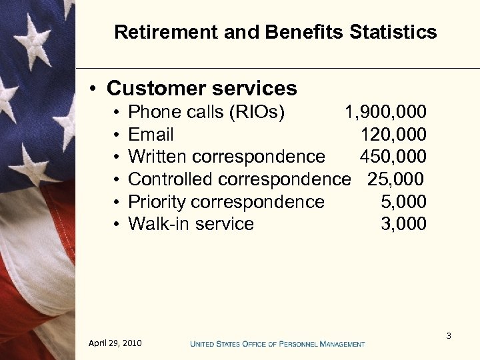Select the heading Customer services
tap(201, 88)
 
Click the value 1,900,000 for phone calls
tap(385, 112)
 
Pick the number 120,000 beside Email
tap(393, 135)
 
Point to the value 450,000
tap(393, 157)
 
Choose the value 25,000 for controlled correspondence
tap(395, 179)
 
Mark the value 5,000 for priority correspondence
tap(403, 202)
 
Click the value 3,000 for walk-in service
tap(403, 224)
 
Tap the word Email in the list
tap(151, 135)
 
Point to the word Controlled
tap(171, 179)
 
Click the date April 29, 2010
tap(115, 343)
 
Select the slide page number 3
tap(449, 335)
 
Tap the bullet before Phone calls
tap(116, 113)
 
